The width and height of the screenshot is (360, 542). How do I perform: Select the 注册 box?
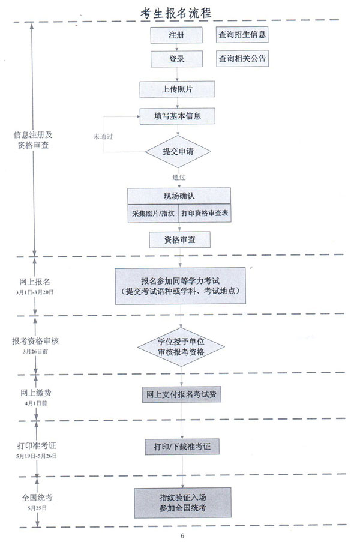coord(176,35)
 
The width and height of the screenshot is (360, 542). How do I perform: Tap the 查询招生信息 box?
coord(242,35)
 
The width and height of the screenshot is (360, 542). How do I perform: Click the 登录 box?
coord(176,59)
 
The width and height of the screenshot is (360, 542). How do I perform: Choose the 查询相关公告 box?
coord(242,59)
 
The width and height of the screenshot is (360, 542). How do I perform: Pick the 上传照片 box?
coord(177,89)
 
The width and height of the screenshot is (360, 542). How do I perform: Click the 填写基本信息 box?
coord(177,116)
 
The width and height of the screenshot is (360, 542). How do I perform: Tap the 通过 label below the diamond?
coord(179,178)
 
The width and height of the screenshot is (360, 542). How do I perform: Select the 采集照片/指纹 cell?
coord(154,213)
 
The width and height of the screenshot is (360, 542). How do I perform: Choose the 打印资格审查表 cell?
coord(205,213)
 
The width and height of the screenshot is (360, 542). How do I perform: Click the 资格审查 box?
coord(179,240)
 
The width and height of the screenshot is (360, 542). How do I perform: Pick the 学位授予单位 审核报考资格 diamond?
coord(181,347)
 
